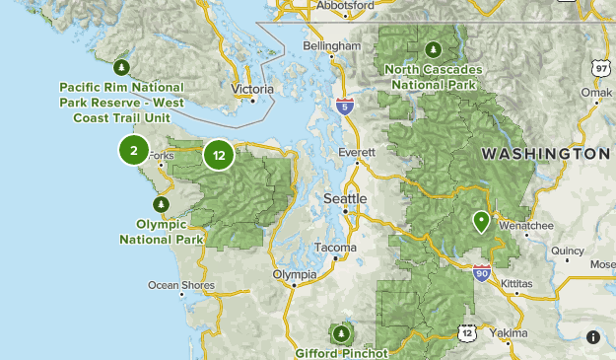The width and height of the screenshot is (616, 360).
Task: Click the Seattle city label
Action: [x=345, y=199]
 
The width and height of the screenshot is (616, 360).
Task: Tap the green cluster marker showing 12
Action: [x=219, y=155]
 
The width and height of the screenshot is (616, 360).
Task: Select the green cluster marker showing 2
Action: [x=133, y=150]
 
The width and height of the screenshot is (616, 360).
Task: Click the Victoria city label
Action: [x=252, y=89]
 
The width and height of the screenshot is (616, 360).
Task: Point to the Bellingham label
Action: [x=332, y=46]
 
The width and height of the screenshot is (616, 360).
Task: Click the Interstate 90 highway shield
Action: [x=481, y=272]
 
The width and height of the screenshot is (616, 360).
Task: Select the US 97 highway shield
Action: [x=600, y=67]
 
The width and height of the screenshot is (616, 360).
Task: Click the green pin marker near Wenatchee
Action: [x=481, y=221]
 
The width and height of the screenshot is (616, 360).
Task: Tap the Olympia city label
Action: [x=295, y=274]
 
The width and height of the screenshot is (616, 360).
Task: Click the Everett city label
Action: [x=356, y=153]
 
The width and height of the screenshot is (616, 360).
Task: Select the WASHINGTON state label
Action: [x=545, y=155]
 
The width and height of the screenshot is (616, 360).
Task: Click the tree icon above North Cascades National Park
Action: [x=433, y=49]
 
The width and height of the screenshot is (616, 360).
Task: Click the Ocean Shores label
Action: [x=181, y=285]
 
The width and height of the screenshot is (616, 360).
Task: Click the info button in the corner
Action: [x=593, y=337]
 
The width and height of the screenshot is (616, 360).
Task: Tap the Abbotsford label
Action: [x=345, y=5]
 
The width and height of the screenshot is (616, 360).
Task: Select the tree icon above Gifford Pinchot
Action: [x=342, y=333]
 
